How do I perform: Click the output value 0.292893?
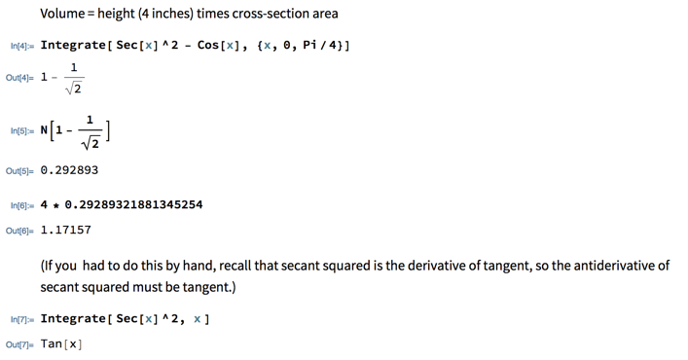(x=69, y=170)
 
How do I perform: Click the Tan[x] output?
(x=61, y=344)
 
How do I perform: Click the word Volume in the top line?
(x=65, y=15)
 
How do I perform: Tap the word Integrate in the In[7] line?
(x=73, y=319)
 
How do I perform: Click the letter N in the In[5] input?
(x=45, y=130)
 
